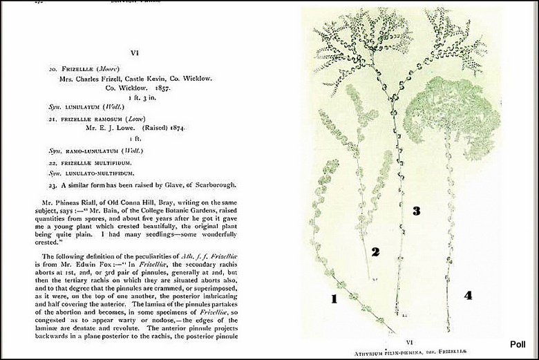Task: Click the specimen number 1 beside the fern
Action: point(333,299)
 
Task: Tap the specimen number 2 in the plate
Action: point(375,252)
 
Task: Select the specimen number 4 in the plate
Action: point(468,296)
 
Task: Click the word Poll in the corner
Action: point(518,344)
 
